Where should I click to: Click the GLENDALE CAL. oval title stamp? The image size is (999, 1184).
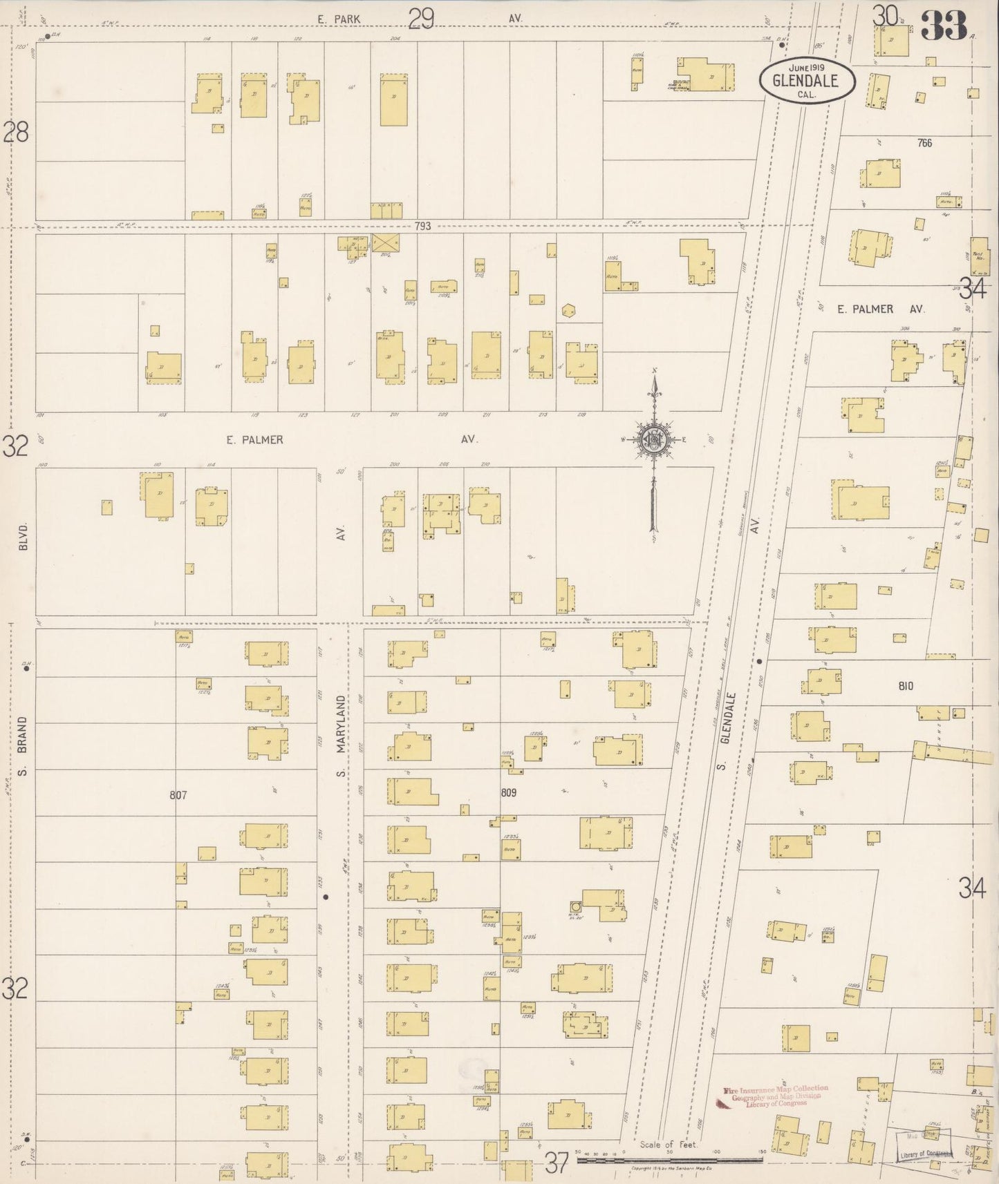(x=807, y=81)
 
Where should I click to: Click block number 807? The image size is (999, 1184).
(x=178, y=795)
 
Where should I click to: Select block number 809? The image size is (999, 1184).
(x=508, y=793)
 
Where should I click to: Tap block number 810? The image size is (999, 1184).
(x=906, y=686)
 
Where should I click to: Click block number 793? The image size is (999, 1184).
(x=422, y=226)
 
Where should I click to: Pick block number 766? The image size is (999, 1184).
(x=924, y=143)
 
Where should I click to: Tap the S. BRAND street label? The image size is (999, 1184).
(x=22, y=745)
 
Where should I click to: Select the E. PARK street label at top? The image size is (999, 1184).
(x=339, y=19)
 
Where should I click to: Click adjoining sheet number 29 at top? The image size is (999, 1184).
(x=420, y=19)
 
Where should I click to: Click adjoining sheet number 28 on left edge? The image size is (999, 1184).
(x=15, y=131)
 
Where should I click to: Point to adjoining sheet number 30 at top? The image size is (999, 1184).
(x=884, y=15)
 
